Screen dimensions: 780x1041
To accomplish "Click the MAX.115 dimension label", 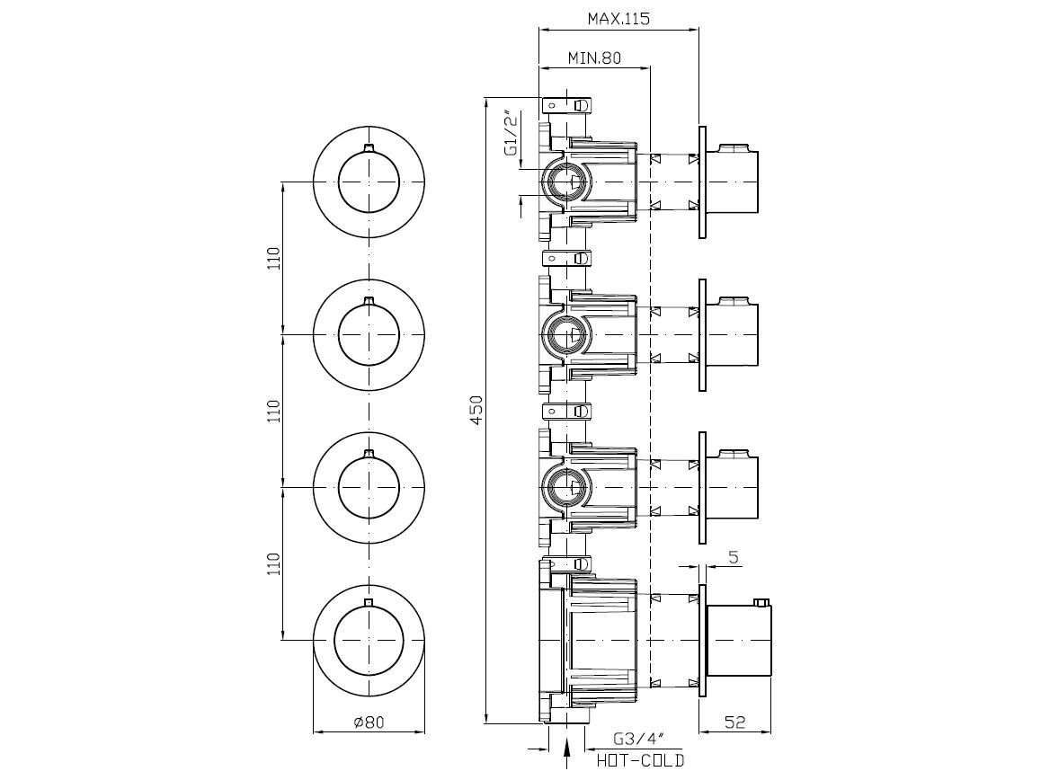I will [618, 18].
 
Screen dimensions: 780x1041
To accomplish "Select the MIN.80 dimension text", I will [594, 58].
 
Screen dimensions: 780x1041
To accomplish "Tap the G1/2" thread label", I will [511, 136].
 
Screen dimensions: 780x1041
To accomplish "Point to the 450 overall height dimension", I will [477, 410].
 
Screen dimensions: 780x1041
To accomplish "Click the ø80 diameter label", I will [369, 722].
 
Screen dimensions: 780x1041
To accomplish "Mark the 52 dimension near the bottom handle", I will [734, 722].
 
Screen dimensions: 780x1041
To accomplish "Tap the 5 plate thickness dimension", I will [734, 557].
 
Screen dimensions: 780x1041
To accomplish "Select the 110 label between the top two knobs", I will [274, 258].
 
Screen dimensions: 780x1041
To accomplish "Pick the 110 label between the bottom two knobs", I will [274, 563].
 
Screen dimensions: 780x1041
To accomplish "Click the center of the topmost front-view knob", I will [369, 182].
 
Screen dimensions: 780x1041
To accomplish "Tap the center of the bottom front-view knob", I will [369, 640].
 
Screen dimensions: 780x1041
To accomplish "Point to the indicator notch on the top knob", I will [369, 146].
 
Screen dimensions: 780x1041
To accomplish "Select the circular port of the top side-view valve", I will [567, 184].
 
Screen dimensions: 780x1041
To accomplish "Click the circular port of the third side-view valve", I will [567, 487].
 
